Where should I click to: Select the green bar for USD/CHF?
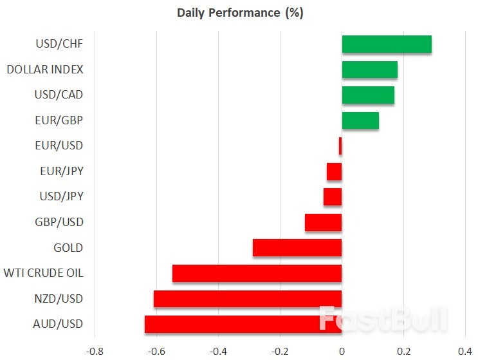(387, 44)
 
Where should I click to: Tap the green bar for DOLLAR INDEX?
(369, 70)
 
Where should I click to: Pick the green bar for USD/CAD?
(368, 95)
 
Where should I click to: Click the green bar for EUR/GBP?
(360, 120)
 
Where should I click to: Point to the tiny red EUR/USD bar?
(340, 146)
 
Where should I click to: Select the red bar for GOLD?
(297, 248)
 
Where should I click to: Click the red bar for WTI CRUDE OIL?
(257, 273)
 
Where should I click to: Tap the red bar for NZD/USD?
(248, 299)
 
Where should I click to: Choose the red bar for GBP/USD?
(323, 222)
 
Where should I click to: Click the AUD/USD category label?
(59, 324)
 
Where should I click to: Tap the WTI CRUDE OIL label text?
(43, 273)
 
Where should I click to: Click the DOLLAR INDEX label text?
(45, 70)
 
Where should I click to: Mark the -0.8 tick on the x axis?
(95, 351)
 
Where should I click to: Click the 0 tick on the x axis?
(342, 351)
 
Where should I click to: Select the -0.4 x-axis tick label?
(218, 351)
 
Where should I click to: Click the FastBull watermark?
(383, 319)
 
